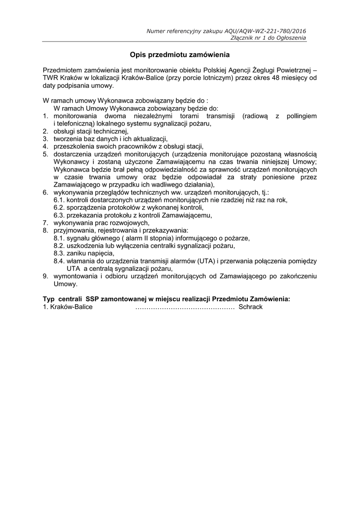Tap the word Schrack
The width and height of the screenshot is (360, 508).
[250, 307]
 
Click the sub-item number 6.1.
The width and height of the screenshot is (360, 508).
[59, 200]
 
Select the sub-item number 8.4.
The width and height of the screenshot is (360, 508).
[59, 261]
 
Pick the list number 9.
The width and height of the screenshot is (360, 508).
[45, 276]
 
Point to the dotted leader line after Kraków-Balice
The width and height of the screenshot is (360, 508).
[185, 307]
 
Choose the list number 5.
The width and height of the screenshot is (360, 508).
[45, 154]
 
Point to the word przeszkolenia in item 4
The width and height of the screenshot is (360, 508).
[75, 146]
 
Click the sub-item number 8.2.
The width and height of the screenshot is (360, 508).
[59, 246]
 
